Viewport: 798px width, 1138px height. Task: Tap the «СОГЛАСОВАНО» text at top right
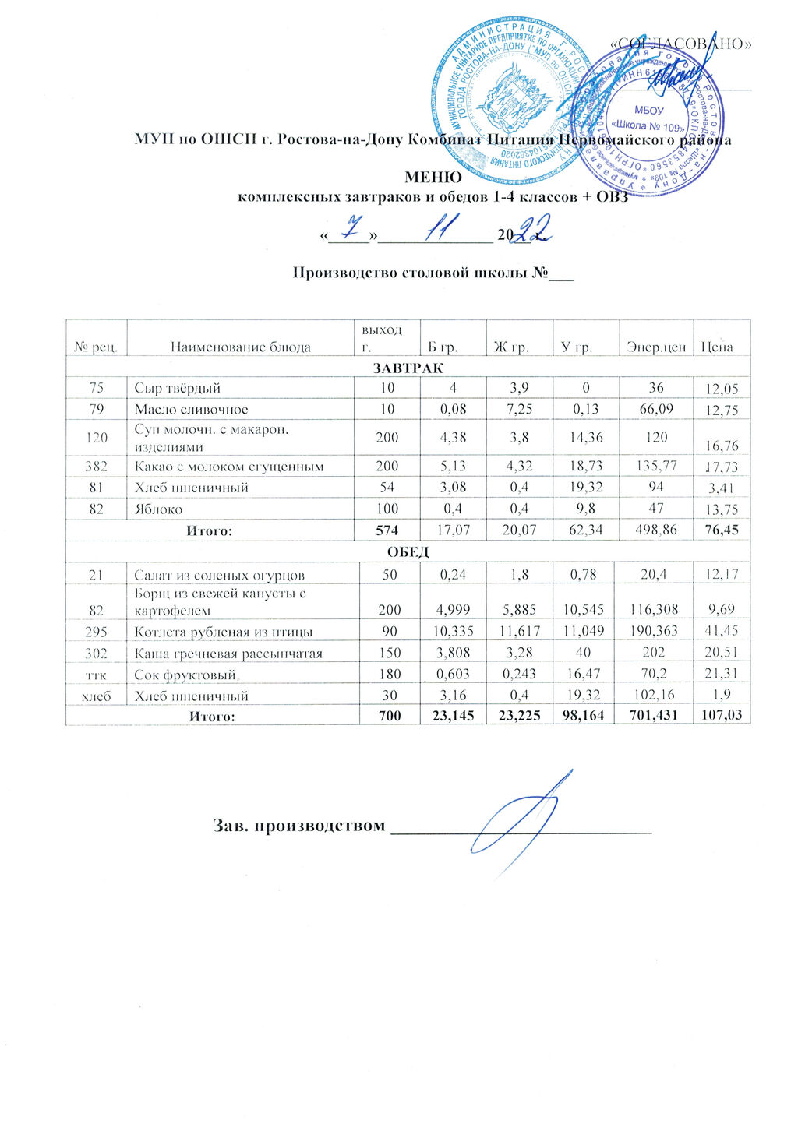[680, 44]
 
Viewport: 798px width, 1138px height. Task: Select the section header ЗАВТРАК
[408, 367]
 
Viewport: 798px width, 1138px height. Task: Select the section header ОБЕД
[408, 552]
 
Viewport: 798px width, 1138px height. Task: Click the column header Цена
[717, 347]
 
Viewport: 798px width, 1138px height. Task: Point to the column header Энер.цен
[656, 347]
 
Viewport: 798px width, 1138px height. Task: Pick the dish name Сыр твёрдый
[177, 388]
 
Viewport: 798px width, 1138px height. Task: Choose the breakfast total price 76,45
[721, 531]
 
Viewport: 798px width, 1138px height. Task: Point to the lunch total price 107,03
[721, 715]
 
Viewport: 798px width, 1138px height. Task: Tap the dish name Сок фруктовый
[185, 674]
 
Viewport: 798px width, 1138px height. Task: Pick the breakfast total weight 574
[387, 531]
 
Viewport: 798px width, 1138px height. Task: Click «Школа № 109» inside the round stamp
[648, 125]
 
